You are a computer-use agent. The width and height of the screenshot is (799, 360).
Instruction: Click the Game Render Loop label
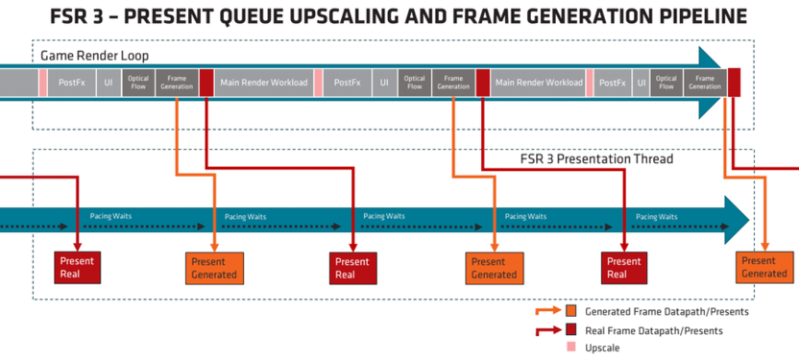[x=95, y=56]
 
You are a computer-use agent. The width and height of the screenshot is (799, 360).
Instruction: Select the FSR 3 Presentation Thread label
[x=596, y=159]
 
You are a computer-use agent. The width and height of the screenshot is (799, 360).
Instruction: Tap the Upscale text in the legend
[x=602, y=348]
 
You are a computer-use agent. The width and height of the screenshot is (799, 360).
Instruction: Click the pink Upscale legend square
[x=570, y=348]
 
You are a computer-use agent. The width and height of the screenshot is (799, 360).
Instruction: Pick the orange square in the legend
[x=571, y=311]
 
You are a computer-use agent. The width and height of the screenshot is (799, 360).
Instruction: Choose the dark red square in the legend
[x=571, y=330]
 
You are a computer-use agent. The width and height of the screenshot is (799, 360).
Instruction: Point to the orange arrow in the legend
[x=547, y=312]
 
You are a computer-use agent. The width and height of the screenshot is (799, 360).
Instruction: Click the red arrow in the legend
[x=547, y=331]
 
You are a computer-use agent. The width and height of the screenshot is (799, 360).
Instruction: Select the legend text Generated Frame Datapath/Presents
[x=666, y=312]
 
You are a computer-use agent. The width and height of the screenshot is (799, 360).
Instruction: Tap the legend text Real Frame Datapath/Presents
[x=654, y=331]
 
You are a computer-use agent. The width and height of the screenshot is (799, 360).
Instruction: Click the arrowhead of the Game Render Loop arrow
[x=710, y=83]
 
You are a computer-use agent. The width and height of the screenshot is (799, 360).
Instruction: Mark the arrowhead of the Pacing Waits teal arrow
[x=737, y=221]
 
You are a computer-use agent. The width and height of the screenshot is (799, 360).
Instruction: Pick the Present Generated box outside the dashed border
[x=763, y=268]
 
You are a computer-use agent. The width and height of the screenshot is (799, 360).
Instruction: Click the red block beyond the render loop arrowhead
[x=734, y=82]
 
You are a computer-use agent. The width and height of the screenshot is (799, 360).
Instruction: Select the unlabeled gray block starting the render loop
[x=19, y=83]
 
